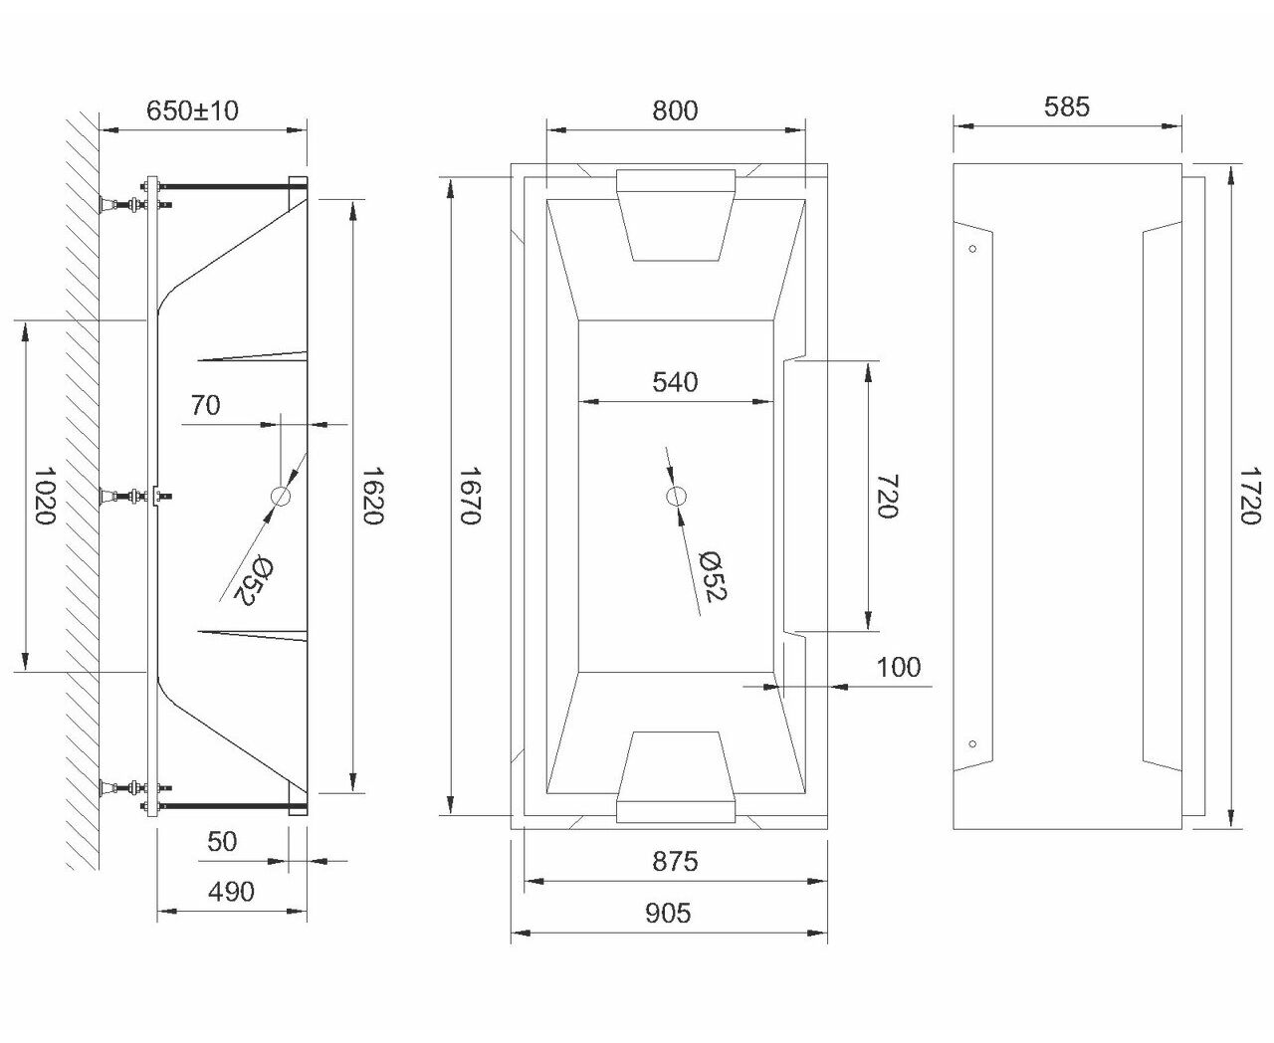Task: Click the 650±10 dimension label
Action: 193,110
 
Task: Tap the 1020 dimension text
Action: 44,496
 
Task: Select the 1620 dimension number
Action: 372,496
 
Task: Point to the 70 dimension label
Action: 205,405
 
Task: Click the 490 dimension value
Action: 231,892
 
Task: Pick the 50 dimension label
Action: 222,841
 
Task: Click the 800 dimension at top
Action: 675,110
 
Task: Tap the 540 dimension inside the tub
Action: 675,382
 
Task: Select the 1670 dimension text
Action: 470,496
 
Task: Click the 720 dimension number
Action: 887,496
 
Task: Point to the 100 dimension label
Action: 898,668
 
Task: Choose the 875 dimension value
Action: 675,862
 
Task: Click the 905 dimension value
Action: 668,914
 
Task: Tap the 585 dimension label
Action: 1067,106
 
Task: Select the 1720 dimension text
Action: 1249,496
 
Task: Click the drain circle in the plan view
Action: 676,496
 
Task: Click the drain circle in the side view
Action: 281,496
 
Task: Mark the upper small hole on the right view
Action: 972,249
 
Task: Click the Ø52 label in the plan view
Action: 713,576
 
